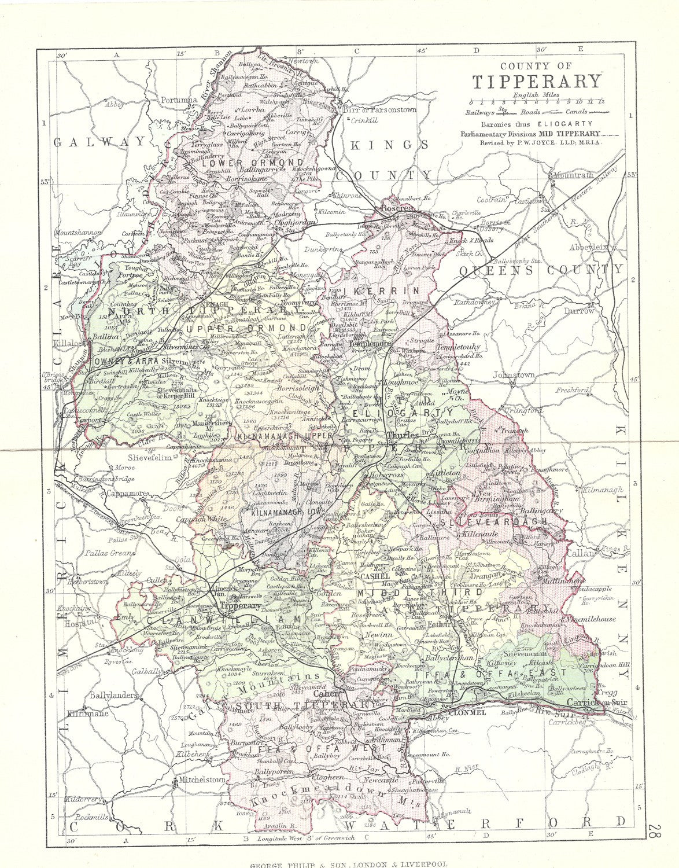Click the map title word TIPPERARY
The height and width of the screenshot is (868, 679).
coord(529,81)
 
